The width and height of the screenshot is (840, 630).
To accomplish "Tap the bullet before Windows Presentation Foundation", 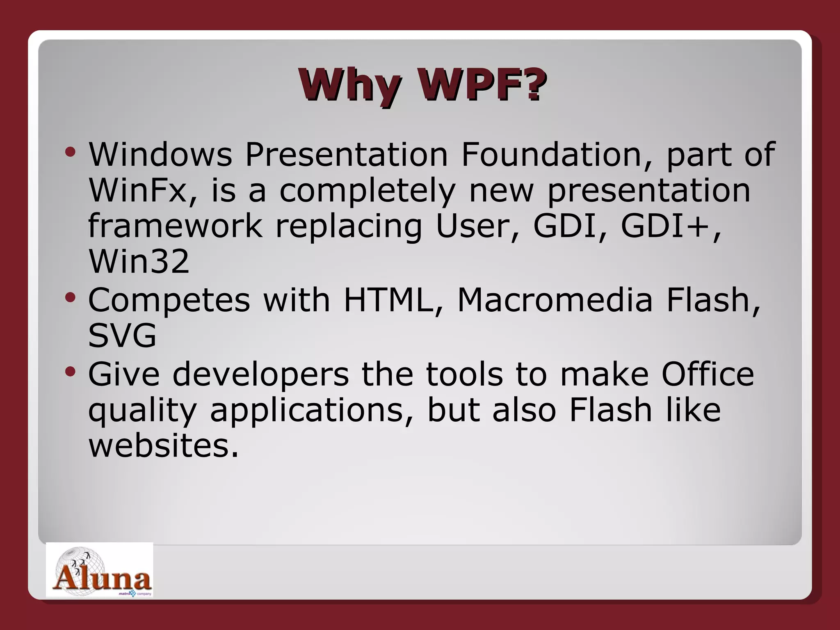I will (70, 153).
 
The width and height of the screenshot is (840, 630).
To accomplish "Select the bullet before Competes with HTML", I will (70, 298).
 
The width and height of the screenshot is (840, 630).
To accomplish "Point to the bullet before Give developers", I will (70, 372).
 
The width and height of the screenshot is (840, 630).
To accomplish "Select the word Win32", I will (139, 262).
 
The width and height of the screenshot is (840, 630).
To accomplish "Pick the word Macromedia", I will (555, 300).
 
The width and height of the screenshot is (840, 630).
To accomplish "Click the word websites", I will (163, 445).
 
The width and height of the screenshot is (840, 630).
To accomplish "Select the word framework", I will (175, 226).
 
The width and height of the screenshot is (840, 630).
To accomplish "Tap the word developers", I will (260, 374).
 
